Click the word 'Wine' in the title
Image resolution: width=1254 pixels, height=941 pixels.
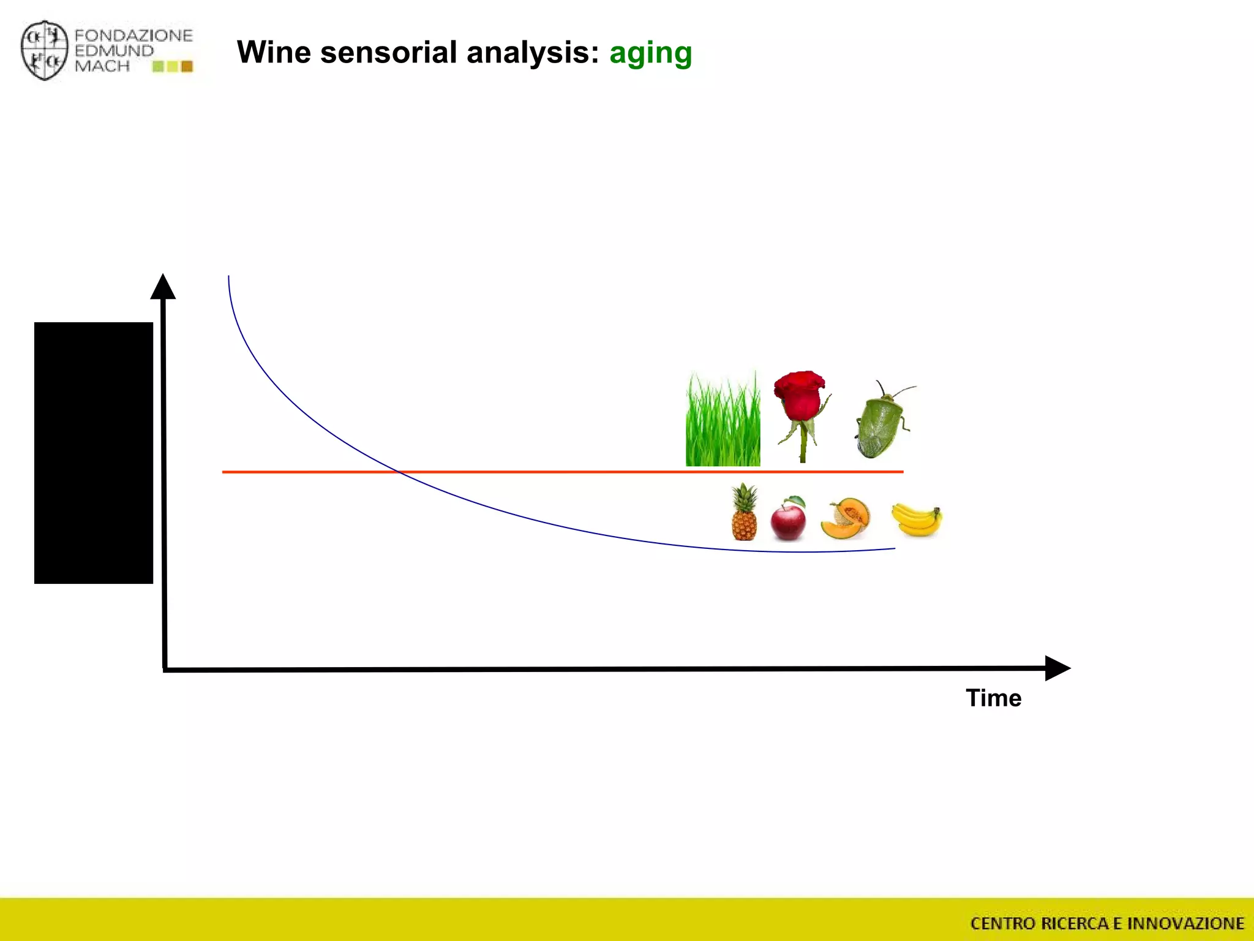pos(274,52)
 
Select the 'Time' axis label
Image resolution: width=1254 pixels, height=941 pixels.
pos(993,698)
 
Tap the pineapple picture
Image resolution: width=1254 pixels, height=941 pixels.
pos(744,515)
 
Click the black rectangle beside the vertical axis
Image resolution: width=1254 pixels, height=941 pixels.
pos(94,453)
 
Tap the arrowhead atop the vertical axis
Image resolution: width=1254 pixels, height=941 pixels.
pos(163,287)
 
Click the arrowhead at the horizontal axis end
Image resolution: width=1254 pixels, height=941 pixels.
pos(1056,668)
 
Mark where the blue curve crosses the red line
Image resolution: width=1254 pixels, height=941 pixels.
pos(399,472)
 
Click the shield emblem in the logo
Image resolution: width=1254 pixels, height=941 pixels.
pos(44,50)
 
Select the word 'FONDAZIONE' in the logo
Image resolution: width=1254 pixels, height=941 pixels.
pos(133,36)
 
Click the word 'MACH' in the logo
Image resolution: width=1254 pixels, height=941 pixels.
pos(102,66)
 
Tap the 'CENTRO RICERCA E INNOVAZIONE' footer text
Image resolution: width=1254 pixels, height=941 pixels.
pos(1107,923)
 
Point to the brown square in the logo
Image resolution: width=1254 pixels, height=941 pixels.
pos(187,66)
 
